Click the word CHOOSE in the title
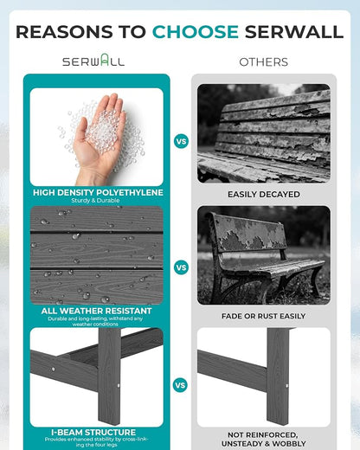pos(196,31)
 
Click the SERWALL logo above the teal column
pos(93,61)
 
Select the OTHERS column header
pos(263,62)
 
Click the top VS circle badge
pos(181,141)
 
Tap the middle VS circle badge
pos(181,267)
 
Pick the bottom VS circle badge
pos(180,385)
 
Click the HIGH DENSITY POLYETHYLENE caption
pos(98,192)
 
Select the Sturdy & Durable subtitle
pos(95,200)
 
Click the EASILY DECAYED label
pos(264,195)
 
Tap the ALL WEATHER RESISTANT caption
pos(96,311)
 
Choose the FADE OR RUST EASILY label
pos(263,316)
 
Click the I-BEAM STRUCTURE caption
pos(93,432)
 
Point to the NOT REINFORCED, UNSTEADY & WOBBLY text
pos(263,439)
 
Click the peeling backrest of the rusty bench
pos(248,234)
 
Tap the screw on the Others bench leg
pos(286,386)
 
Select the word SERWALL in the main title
pos(294,31)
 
